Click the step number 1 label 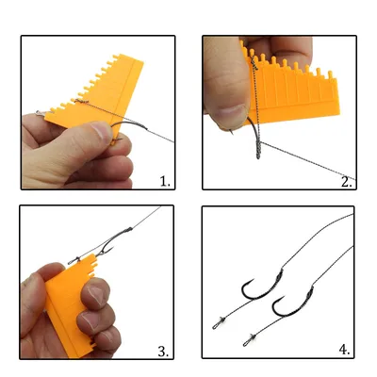165,182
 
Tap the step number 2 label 347,182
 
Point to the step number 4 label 344,350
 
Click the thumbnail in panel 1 101,131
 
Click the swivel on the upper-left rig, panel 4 219,323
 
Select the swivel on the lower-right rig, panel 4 250,340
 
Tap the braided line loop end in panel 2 258,151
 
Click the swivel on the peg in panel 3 74,260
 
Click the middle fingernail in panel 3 89,320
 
